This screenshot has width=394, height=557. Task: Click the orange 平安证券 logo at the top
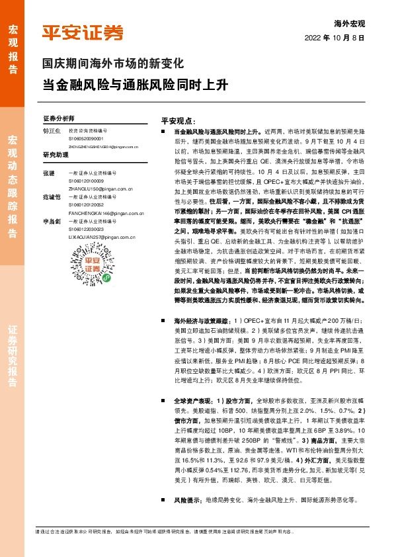83,32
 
